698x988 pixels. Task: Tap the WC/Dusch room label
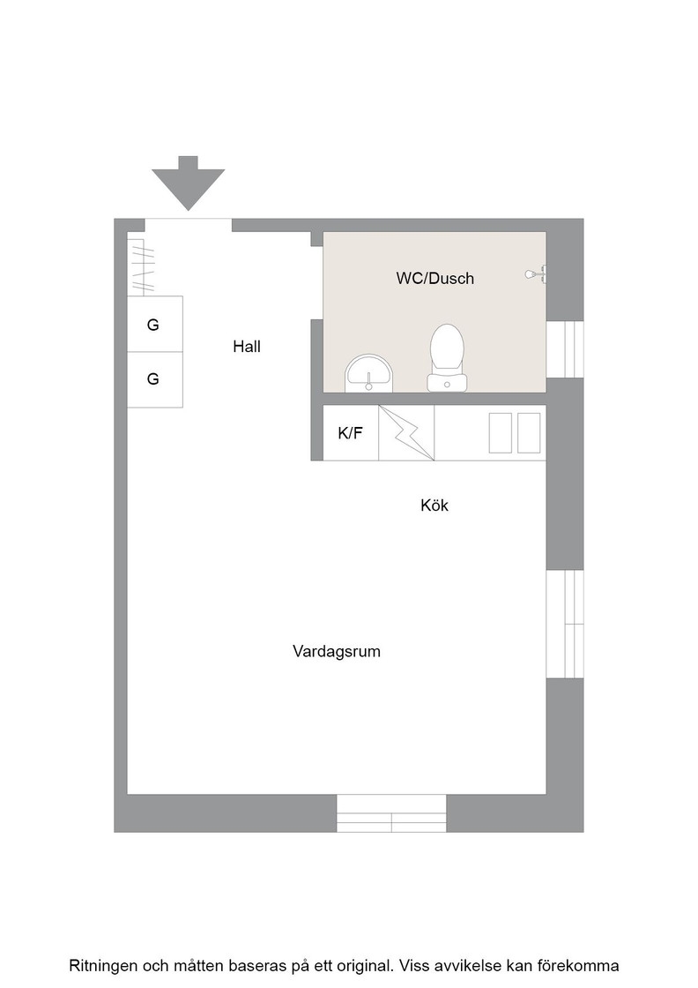(434, 279)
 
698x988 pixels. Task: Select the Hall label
(247, 347)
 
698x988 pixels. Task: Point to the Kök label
(434, 505)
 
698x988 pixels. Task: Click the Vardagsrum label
(337, 652)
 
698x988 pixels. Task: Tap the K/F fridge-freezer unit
(351, 433)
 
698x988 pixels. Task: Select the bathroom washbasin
(368, 374)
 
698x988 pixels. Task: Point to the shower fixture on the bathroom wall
(535, 274)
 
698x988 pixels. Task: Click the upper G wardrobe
(155, 324)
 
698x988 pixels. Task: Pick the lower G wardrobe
(155, 379)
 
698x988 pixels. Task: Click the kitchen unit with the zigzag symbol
(406, 433)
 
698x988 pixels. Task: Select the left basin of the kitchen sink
(501, 433)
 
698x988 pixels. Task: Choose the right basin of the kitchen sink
(530, 433)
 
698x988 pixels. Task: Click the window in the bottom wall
(391, 813)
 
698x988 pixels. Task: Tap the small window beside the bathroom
(565, 349)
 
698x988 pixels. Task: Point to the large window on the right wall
(565, 624)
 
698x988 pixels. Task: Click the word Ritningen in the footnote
(103, 966)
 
